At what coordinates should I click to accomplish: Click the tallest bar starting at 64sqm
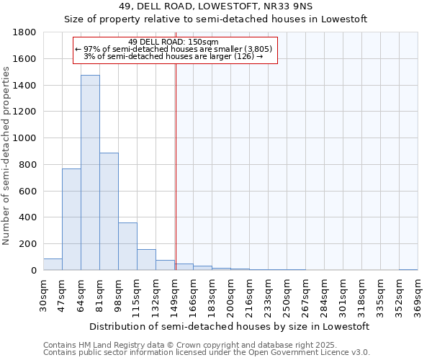click(90, 173)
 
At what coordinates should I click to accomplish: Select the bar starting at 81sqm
click(109, 212)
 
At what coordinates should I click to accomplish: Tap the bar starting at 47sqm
click(71, 220)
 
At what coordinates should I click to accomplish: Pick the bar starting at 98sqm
click(127, 246)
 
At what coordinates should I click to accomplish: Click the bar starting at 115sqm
click(146, 260)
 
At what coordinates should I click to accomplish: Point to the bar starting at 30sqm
click(53, 264)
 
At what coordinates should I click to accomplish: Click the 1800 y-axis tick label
click(26, 32)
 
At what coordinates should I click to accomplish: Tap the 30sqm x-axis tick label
click(44, 294)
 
